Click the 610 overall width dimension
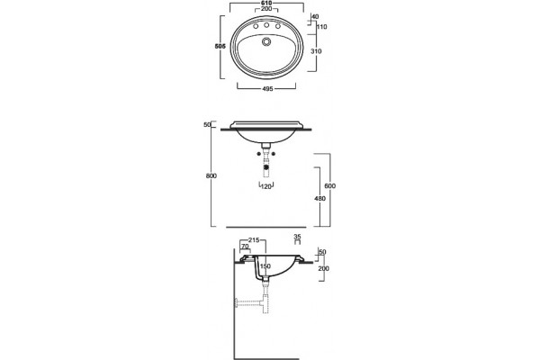pyautogui.click(x=266, y=3)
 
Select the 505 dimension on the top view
pyautogui.click(x=220, y=46)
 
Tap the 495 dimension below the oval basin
pyautogui.click(x=267, y=89)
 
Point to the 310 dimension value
pyautogui.click(x=316, y=51)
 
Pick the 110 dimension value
pyautogui.click(x=321, y=27)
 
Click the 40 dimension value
pyautogui.click(x=315, y=16)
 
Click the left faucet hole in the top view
pyautogui.click(x=256, y=26)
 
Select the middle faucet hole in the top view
pyautogui.click(x=266, y=25)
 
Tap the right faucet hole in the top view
pyautogui.click(x=278, y=26)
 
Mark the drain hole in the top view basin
pyautogui.click(x=266, y=41)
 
